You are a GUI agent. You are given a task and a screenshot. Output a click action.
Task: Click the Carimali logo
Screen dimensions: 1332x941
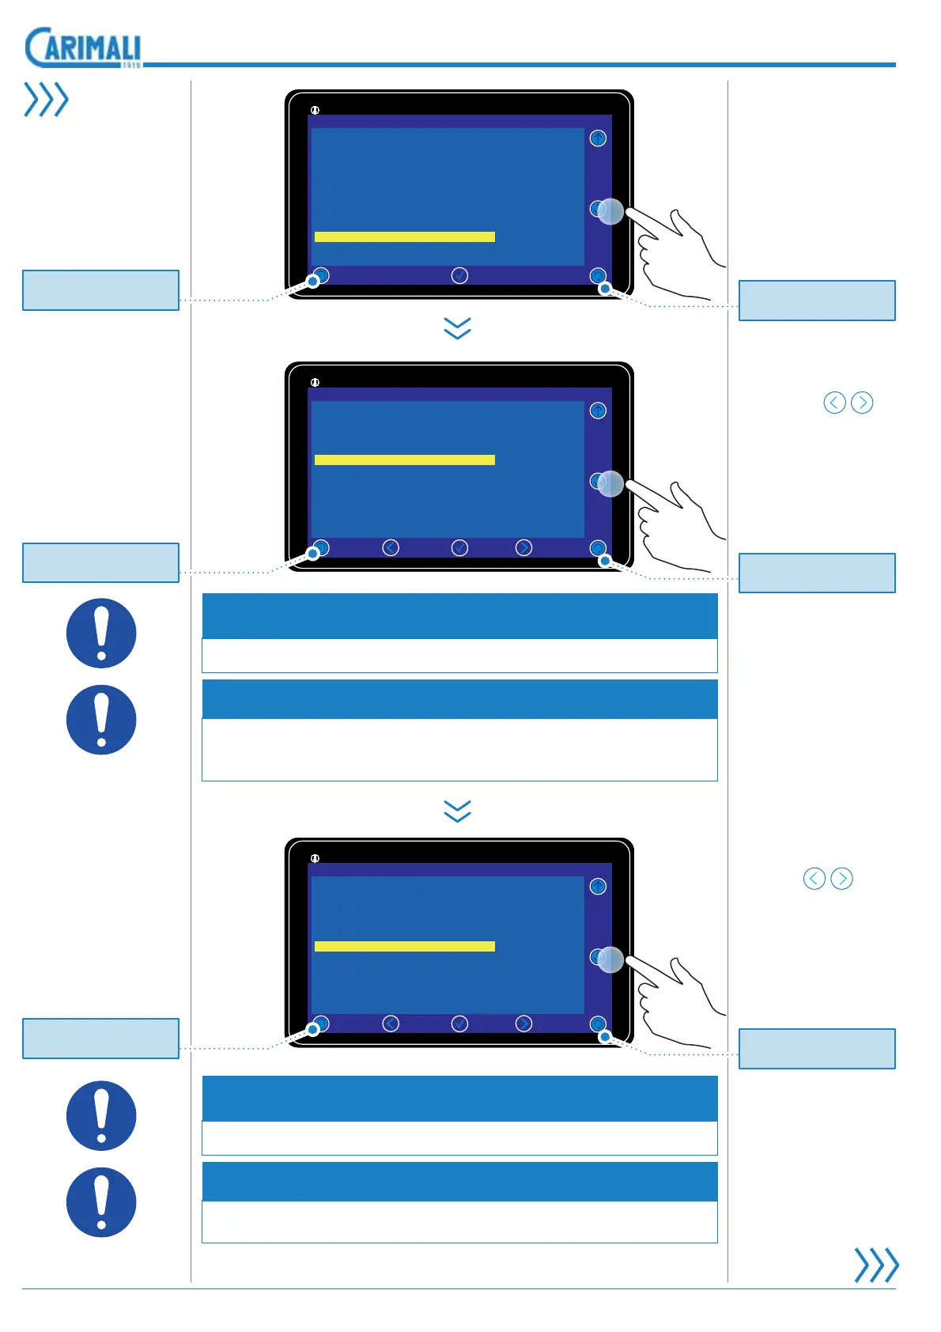click(x=83, y=47)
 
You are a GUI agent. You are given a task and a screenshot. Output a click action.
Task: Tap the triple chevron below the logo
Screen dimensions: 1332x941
click(x=47, y=100)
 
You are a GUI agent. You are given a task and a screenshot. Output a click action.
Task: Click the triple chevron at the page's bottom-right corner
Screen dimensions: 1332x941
click(x=876, y=1265)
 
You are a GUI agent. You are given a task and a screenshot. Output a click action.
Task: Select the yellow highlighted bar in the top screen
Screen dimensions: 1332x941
click(x=404, y=237)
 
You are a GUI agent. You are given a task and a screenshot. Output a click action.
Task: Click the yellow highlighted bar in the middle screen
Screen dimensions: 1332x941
click(x=404, y=460)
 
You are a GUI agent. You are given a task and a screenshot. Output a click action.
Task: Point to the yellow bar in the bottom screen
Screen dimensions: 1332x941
click(x=404, y=946)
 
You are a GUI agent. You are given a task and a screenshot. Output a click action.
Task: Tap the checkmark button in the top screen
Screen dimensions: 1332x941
click(x=459, y=275)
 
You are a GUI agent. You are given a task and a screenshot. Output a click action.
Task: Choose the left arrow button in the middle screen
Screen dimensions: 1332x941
click(x=391, y=547)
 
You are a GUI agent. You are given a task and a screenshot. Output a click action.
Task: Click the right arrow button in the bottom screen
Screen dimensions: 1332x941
click(x=523, y=1024)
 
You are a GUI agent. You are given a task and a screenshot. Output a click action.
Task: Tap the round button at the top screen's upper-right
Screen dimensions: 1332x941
click(x=598, y=138)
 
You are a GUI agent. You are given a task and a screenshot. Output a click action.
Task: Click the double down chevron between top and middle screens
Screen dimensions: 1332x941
click(x=458, y=328)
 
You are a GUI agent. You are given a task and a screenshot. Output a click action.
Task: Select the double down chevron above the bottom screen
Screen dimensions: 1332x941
click(x=458, y=811)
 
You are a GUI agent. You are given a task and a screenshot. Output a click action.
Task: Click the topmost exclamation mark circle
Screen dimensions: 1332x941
click(x=101, y=633)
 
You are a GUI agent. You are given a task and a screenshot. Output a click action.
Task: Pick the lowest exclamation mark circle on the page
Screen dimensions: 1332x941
click(x=101, y=1202)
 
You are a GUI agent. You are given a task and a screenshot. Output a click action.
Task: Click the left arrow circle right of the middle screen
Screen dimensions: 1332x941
click(x=834, y=403)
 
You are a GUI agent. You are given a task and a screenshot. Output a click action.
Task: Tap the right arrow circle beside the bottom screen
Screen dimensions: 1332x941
click(x=841, y=879)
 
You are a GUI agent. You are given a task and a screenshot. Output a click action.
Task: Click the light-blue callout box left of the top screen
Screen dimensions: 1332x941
click(x=100, y=290)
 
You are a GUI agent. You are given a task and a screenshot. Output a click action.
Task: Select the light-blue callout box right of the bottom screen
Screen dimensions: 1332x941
click(x=817, y=1049)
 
